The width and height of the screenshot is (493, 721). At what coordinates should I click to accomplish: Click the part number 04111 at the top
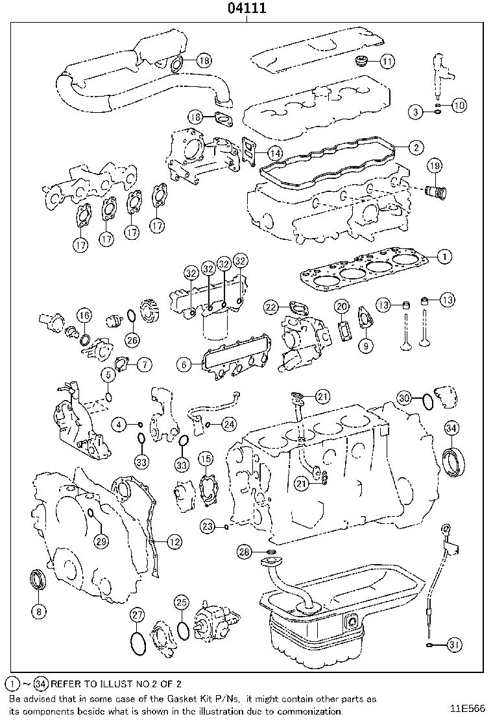tap(247, 8)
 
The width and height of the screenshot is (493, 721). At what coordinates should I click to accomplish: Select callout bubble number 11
tap(387, 62)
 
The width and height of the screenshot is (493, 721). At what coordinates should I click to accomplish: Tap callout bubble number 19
tap(434, 167)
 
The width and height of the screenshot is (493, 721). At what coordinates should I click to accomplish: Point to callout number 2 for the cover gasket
tap(416, 147)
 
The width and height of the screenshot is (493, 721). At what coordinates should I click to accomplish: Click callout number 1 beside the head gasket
tap(444, 257)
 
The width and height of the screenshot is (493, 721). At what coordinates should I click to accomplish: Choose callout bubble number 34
tap(451, 427)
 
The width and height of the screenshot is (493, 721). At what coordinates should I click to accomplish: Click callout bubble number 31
tap(455, 644)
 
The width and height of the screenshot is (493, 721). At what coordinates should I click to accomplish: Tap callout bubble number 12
tap(173, 541)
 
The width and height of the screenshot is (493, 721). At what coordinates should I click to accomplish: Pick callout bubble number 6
tap(185, 365)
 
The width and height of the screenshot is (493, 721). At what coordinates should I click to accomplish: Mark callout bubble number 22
tap(271, 306)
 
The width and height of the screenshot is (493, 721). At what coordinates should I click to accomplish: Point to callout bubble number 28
tap(244, 551)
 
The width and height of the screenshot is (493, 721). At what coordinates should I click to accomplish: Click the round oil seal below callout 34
tap(453, 460)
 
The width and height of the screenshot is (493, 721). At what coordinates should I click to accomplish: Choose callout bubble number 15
tap(205, 460)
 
